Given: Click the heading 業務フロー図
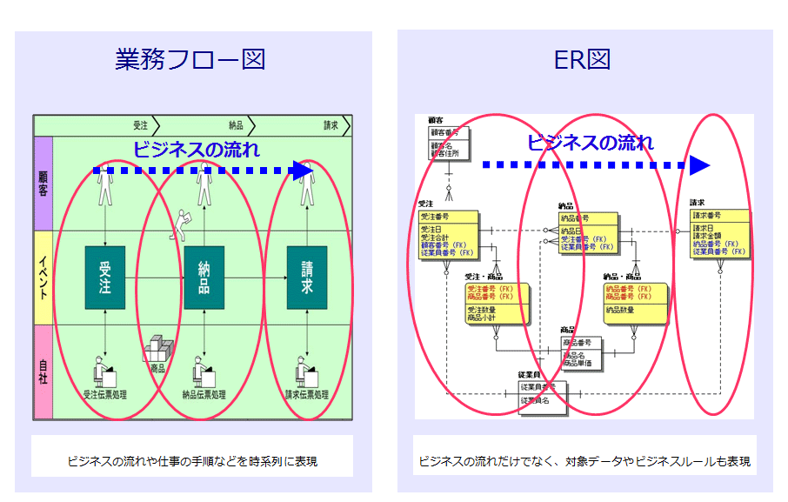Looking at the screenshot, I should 190,59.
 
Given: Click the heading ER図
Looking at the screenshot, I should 583,59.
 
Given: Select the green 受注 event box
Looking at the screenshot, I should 104,278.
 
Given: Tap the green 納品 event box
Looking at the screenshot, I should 204,278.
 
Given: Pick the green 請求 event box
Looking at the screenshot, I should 306,278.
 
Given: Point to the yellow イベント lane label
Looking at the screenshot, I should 43,278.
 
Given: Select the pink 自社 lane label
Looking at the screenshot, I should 43,372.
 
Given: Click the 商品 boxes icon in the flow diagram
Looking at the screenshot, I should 157,351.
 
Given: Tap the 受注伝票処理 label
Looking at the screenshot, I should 104,394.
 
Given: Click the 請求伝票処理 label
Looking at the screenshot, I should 306,394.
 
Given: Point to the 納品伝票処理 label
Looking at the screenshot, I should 204,394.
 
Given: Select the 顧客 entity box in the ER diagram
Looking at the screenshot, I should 448,143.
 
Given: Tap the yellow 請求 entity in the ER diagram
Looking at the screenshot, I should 718,233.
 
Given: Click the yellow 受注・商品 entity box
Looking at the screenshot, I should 494,302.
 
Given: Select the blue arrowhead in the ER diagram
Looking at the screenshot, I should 701,164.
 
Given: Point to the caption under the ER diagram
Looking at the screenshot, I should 584,461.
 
